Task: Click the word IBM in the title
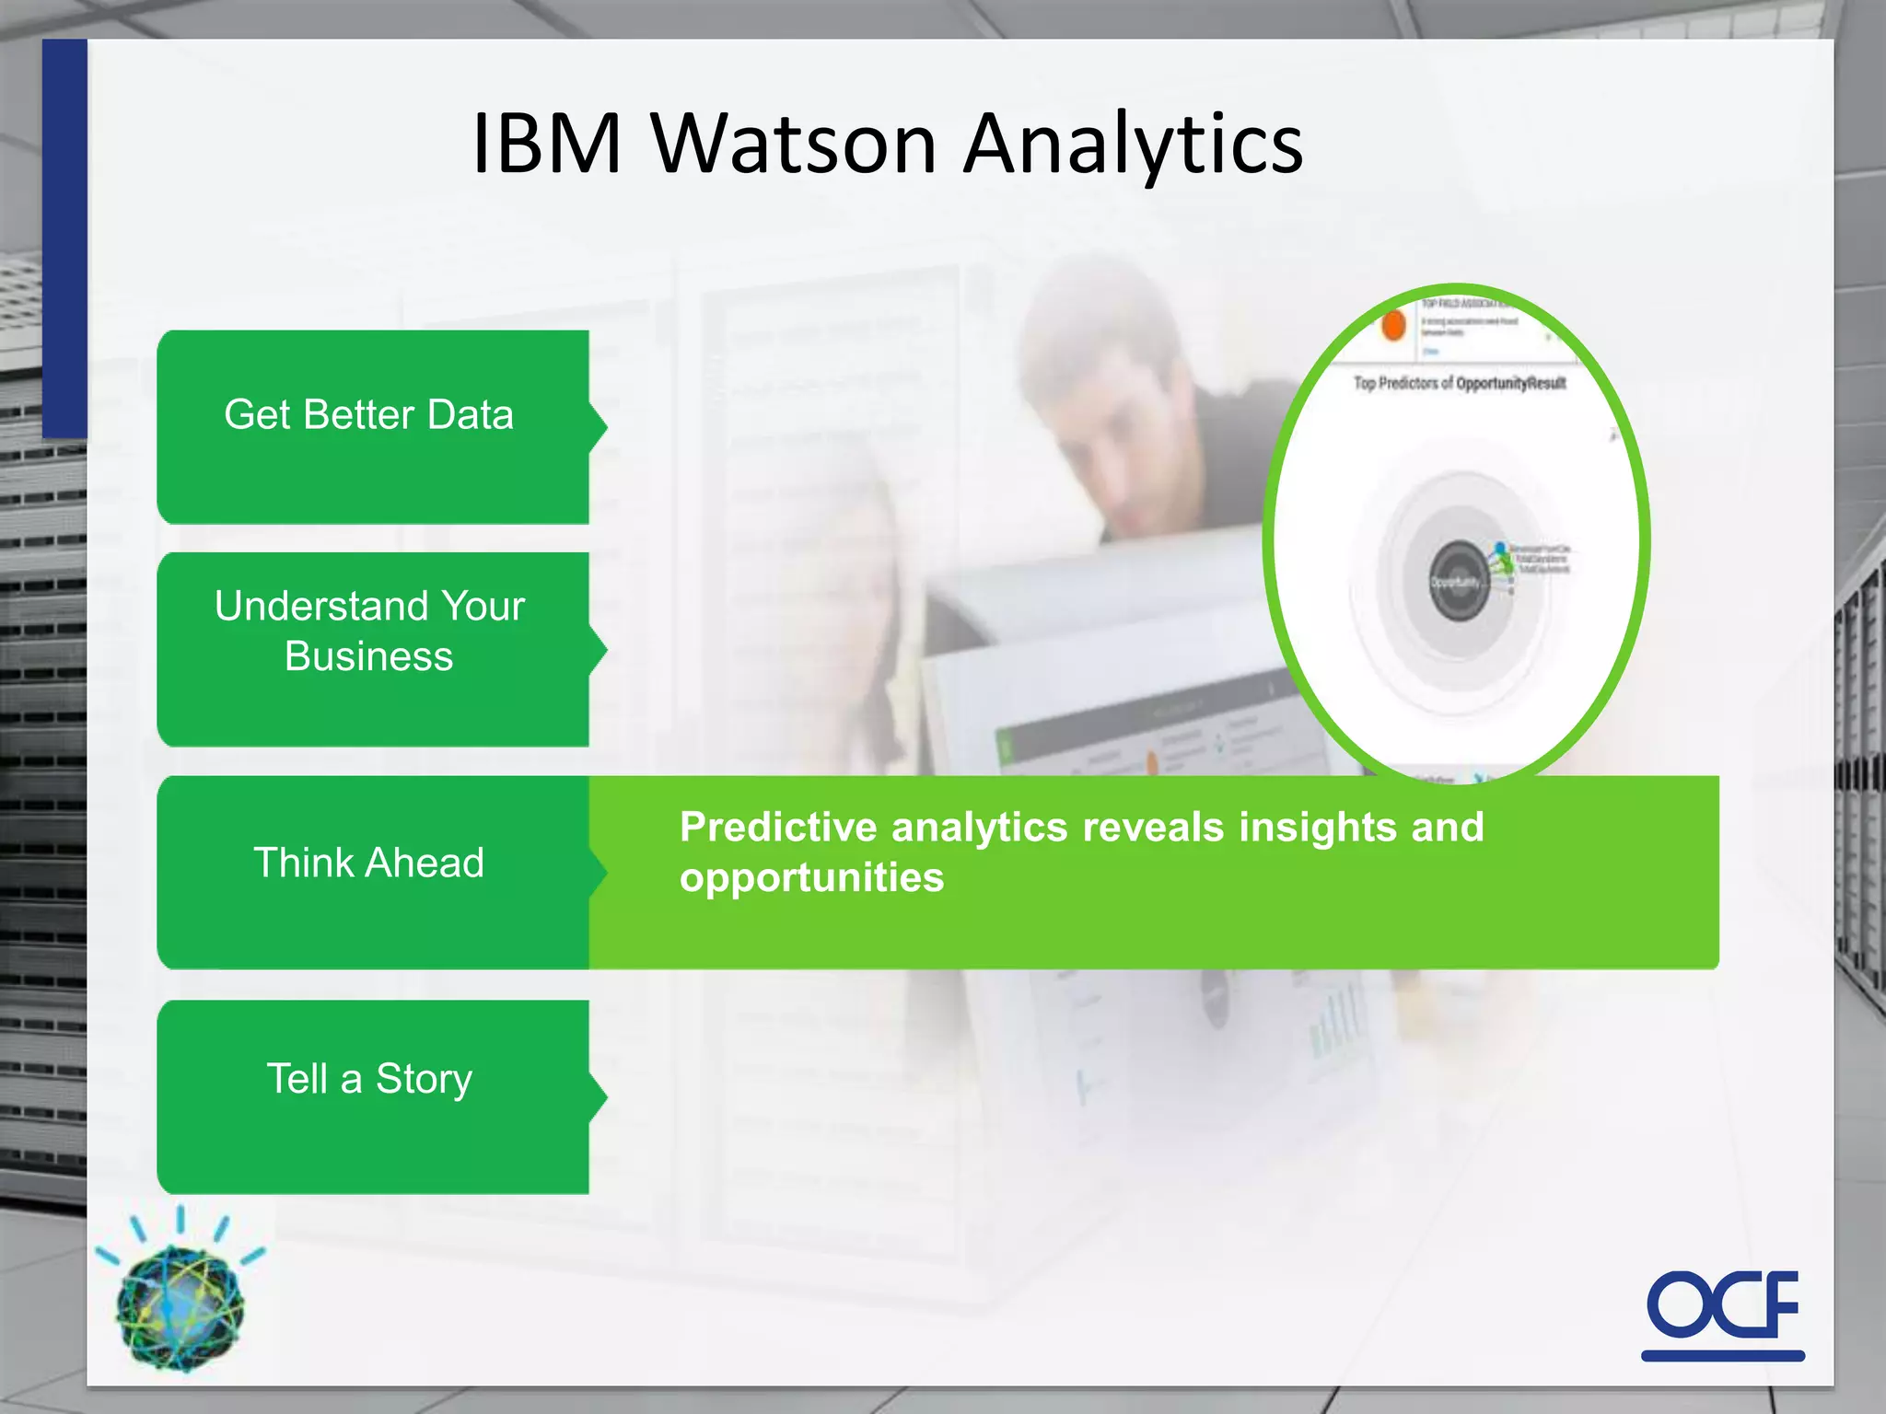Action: coord(547,145)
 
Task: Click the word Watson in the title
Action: coord(794,145)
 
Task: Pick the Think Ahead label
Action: coord(368,863)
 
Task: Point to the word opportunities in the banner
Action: coord(811,877)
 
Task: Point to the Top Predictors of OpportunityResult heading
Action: coord(1460,383)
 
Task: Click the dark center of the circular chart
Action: coord(1457,582)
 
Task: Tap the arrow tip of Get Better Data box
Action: coord(602,426)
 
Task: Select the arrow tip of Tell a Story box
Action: coord(602,1096)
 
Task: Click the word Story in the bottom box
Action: coord(424,1080)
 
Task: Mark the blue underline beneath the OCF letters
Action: coord(1722,1355)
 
